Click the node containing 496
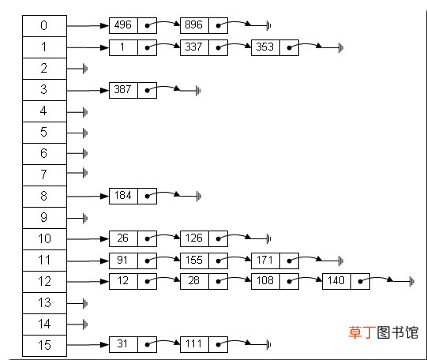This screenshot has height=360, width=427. [x=133, y=26]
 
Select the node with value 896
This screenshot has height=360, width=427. [x=204, y=26]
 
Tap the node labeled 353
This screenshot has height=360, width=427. [x=275, y=47]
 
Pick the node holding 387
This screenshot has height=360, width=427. [x=133, y=90]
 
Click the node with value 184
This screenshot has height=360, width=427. [x=133, y=196]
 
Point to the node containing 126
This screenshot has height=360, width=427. [x=204, y=239]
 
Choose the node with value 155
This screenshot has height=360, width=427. [x=204, y=261]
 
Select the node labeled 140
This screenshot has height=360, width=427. [x=346, y=281]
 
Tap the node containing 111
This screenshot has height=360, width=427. [x=204, y=344]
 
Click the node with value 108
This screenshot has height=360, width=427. [x=275, y=281]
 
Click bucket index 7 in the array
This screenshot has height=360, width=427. [x=44, y=175]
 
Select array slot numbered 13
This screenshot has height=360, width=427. [x=44, y=303]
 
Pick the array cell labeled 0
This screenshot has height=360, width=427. [x=44, y=26]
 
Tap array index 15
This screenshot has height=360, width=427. [x=44, y=346]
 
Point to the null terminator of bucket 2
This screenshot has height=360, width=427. [x=85, y=69]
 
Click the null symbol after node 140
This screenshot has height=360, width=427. [x=412, y=281]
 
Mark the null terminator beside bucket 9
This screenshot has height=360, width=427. [x=85, y=218]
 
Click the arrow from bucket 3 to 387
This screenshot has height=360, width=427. [x=88, y=91]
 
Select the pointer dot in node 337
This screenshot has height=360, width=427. [x=218, y=47]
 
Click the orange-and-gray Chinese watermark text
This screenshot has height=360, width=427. [x=384, y=332]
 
